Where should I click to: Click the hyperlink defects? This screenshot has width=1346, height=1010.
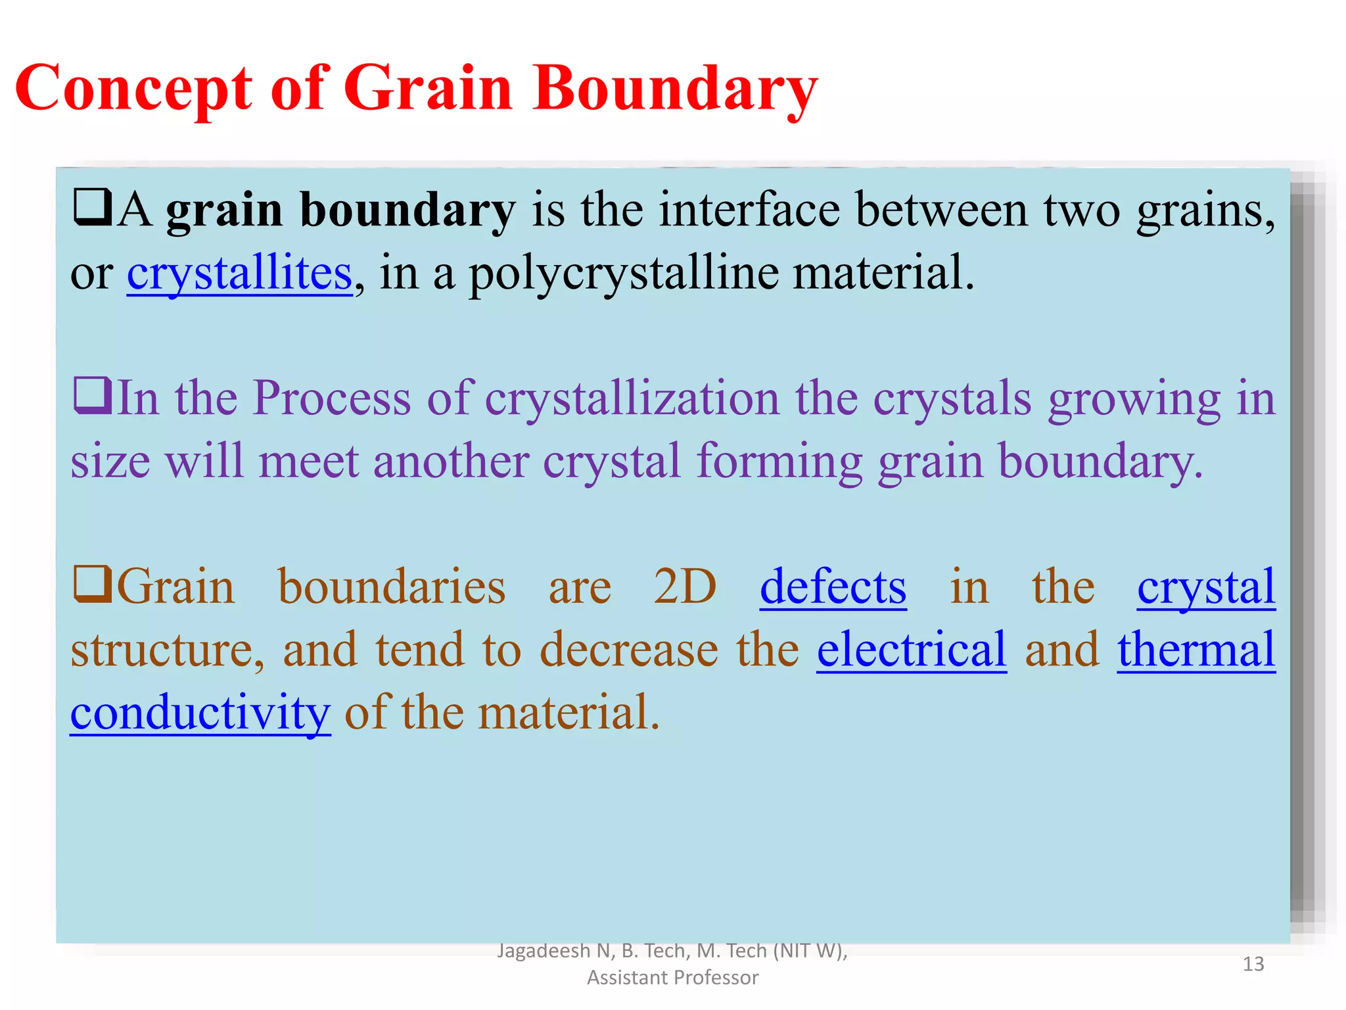pyautogui.click(x=833, y=587)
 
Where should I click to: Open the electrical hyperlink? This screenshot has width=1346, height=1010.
pyautogui.click(x=912, y=650)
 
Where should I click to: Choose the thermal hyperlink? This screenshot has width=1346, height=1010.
pyautogui.click(x=1196, y=650)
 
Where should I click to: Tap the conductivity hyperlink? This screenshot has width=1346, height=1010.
pyautogui.click(x=200, y=713)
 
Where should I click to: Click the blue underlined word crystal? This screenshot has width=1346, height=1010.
pyautogui.click(x=1206, y=587)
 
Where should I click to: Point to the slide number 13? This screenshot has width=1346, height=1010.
pyautogui.click(x=1253, y=964)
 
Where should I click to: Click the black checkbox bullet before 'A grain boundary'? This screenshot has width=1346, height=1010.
pyautogui.click(x=92, y=208)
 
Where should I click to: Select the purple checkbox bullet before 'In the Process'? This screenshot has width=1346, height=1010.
pyautogui.click(x=92, y=396)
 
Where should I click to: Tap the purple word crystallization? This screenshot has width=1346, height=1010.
pyautogui.click(x=632, y=398)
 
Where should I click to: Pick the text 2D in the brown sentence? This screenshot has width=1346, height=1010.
pyautogui.click(x=685, y=587)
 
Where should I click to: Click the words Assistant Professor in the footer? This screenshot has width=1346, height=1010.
pyautogui.click(x=672, y=978)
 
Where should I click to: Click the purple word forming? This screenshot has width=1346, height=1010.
pyautogui.click(x=779, y=462)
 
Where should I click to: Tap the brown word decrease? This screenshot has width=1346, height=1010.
pyautogui.click(x=629, y=650)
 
